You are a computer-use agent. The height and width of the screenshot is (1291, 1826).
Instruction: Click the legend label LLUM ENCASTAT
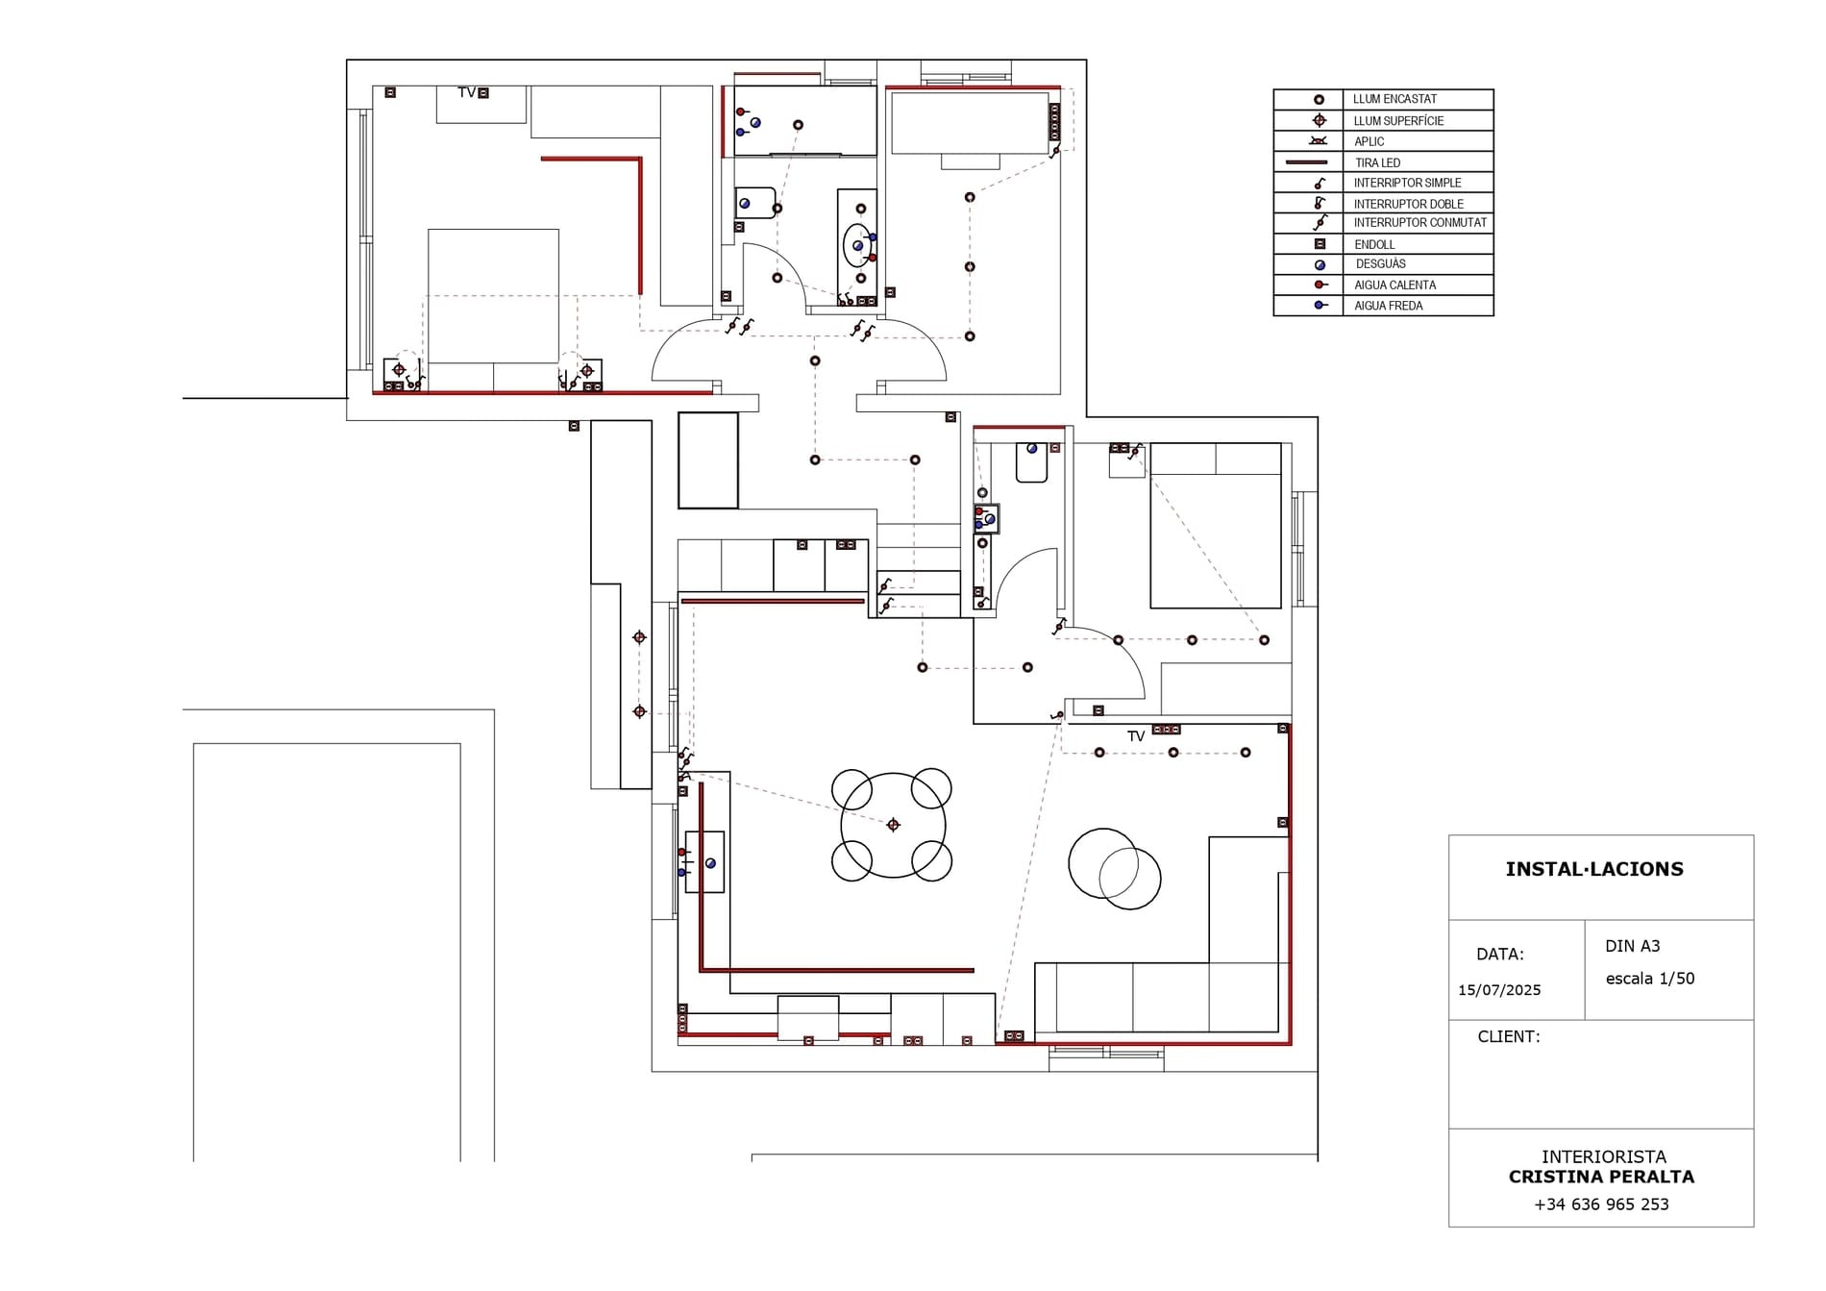[x=1394, y=99]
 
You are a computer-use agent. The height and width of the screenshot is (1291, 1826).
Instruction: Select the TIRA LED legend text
[x=1377, y=162]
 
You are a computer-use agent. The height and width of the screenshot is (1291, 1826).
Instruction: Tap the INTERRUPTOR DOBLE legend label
[x=1408, y=204]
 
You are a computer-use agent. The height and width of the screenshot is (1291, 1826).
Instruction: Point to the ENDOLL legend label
[x=1374, y=244]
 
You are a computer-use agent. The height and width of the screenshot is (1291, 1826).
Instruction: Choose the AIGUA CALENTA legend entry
[x=1394, y=285]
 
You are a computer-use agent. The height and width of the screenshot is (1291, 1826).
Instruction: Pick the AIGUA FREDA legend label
[x=1388, y=306]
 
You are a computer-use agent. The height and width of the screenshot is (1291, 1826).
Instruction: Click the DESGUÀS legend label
[x=1381, y=263]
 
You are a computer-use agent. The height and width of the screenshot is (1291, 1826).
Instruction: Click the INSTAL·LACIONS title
[x=1594, y=869]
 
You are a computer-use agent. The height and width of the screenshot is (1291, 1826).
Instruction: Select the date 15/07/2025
[x=1499, y=990]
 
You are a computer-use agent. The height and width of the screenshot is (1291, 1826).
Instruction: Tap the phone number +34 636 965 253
[x=1601, y=1204]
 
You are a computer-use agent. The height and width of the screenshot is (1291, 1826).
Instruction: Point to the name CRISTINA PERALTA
[x=1601, y=1177]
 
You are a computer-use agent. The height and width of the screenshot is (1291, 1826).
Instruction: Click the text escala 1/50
[x=1650, y=979]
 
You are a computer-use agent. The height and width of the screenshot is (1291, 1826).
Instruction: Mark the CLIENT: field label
[x=1509, y=1036]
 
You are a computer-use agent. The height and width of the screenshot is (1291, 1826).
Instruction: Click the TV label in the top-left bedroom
[x=467, y=92]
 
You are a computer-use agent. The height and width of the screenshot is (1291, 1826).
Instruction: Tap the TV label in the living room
[x=1136, y=736]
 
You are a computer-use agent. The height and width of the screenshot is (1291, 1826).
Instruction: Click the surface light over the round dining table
[x=893, y=825]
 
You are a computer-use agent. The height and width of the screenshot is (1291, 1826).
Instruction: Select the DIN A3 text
[x=1632, y=946]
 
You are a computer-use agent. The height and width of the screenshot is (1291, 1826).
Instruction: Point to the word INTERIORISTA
[x=1604, y=1156]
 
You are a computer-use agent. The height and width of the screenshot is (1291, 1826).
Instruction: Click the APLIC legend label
[x=1369, y=141]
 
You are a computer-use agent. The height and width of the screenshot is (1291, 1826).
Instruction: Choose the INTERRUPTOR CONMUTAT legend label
[x=1420, y=222]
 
